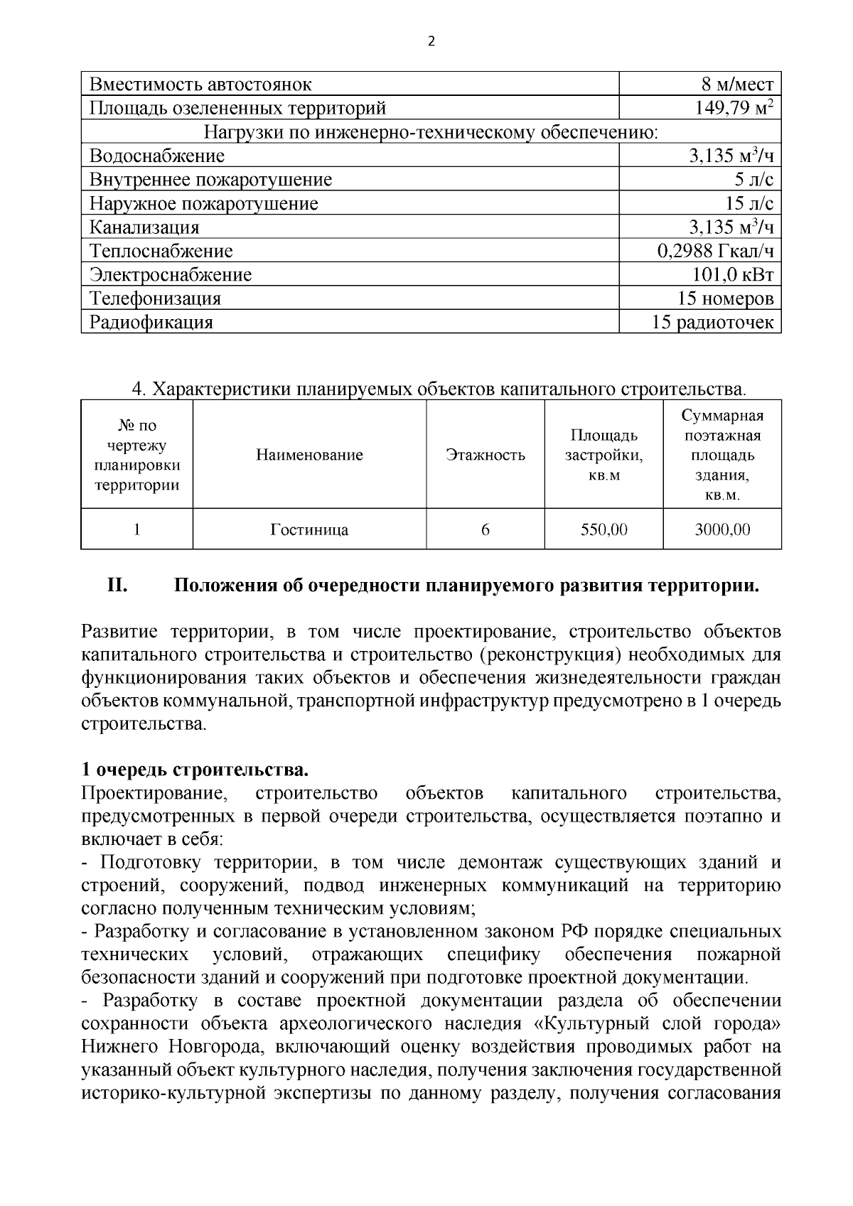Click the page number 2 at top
coord(430,41)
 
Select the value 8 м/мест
coord(737,85)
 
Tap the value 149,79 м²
coord(733,108)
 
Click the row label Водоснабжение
coord(157,156)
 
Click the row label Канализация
coord(144,227)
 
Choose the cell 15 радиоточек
coord(712,323)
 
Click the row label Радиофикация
coord(151,323)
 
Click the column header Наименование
coord(309,456)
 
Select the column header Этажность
coord(485,456)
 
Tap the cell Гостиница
coord(309,530)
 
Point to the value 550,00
coord(604,530)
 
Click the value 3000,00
coord(722,530)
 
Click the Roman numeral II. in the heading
coord(117,586)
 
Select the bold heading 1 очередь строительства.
coord(195,770)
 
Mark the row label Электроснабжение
coord(171,275)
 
